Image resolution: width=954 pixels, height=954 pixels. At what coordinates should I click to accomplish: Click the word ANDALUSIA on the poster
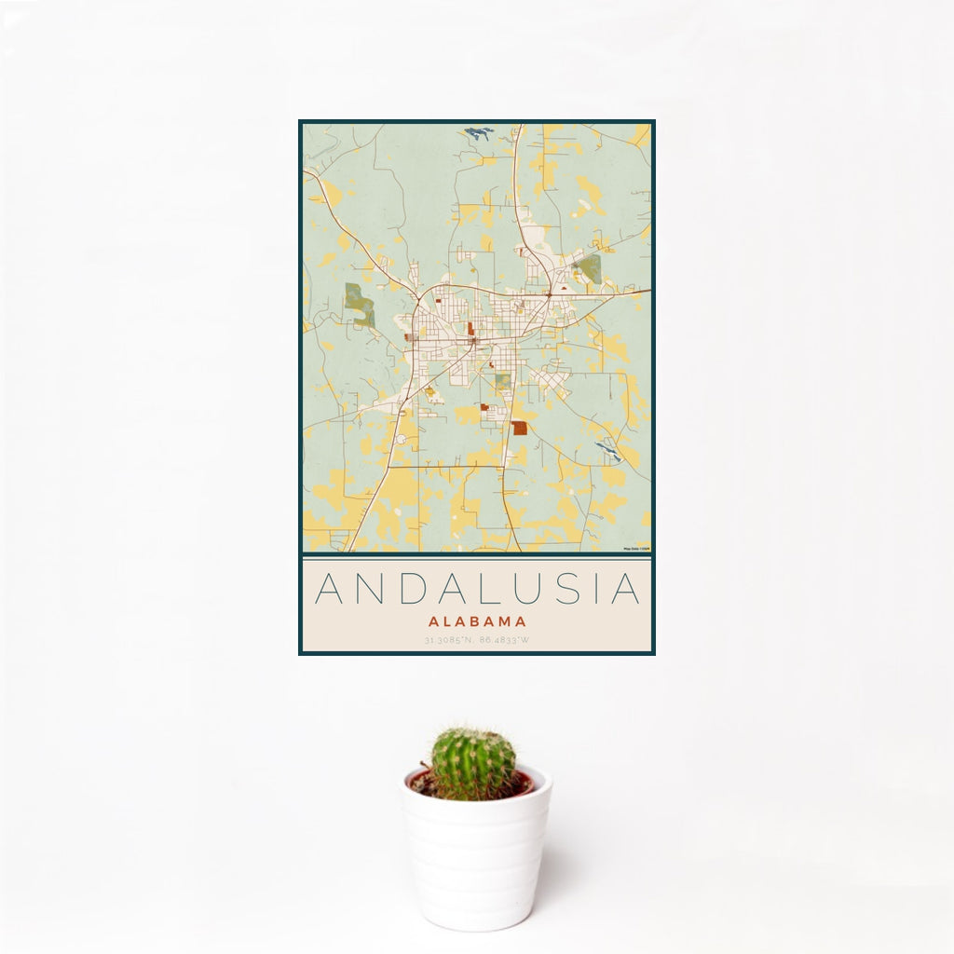click(x=477, y=589)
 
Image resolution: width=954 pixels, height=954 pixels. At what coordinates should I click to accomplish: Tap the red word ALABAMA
click(x=477, y=621)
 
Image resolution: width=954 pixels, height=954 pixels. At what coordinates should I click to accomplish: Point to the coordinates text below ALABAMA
click(x=477, y=640)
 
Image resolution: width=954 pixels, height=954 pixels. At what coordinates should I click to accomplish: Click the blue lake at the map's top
click(x=479, y=133)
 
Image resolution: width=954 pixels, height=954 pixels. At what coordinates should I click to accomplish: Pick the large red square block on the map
click(x=519, y=428)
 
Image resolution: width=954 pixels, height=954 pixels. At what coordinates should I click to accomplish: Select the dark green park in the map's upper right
click(x=588, y=270)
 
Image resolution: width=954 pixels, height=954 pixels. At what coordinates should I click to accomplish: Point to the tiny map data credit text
click(x=637, y=549)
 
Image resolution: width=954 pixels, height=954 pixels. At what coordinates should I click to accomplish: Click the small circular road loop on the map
click(x=401, y=438)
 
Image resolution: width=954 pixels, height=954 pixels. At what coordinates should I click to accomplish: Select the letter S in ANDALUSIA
click(x=571, y=589)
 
